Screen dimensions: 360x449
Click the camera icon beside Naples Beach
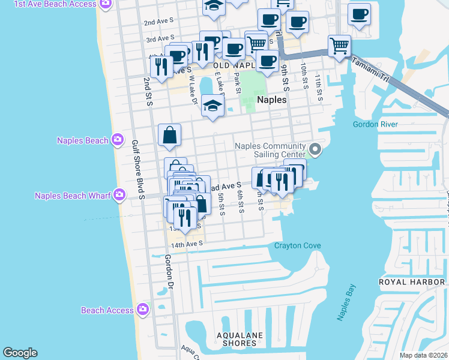(118, 140)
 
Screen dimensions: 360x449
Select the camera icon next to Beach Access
(142, 310)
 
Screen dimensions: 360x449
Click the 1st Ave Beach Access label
(55, 4)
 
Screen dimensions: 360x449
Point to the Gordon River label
(375, 124)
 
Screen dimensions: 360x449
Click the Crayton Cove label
(297, 245)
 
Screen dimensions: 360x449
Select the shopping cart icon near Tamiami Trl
(339, 46)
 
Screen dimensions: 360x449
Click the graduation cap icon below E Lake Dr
(212, 106)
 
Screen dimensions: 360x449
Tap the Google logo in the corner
(20, 353)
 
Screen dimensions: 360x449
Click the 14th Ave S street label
(187, 244)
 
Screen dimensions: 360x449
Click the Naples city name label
(271, 100)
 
